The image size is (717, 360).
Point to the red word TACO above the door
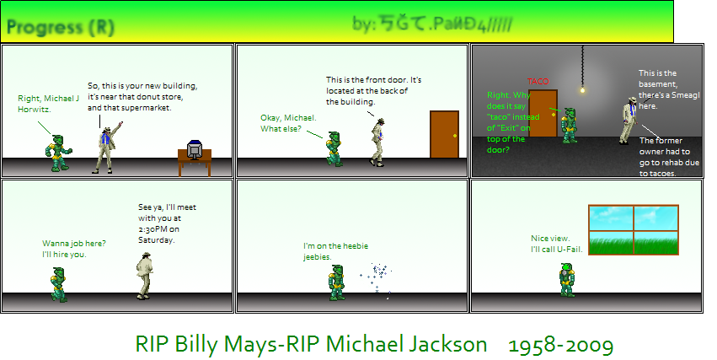point(538,81)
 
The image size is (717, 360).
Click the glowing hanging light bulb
point(581,89)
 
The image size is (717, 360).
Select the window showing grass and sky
point(633,230)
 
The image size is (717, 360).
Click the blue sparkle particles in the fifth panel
point(377,274)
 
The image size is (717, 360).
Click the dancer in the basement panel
point(628,120)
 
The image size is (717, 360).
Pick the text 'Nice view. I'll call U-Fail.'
point(556,244)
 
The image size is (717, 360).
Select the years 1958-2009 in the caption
point(560,344)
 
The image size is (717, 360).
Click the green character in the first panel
point(58,153)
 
